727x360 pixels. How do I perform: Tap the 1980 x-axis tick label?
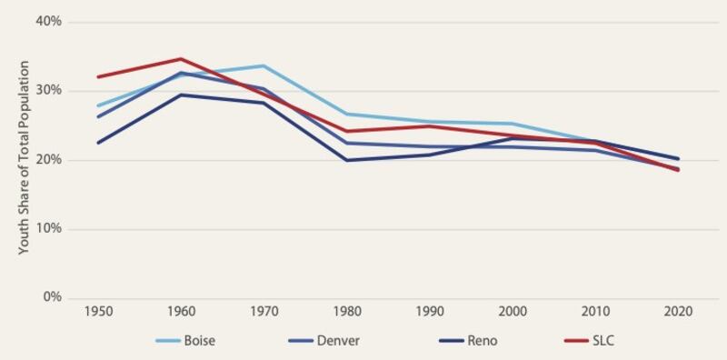click(346, 311)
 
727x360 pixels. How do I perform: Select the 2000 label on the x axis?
click(513, 311)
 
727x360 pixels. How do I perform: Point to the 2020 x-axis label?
click(679, 311)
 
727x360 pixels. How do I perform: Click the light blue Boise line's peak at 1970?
click(264, 65)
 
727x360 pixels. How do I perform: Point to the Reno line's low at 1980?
click(346, 160)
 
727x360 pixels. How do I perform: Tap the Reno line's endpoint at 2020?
click(678, 158)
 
